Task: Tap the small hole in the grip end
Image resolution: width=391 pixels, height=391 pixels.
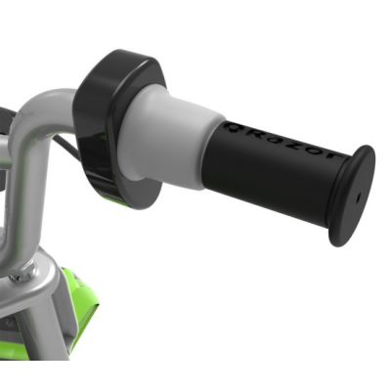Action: pyautogui.click(x=356, y=195)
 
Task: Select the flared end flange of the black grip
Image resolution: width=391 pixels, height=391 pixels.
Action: pyautogui.click(x=351, y=196)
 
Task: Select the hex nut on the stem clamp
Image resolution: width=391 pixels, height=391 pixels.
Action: pyautogui.click(x=22, y=274)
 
